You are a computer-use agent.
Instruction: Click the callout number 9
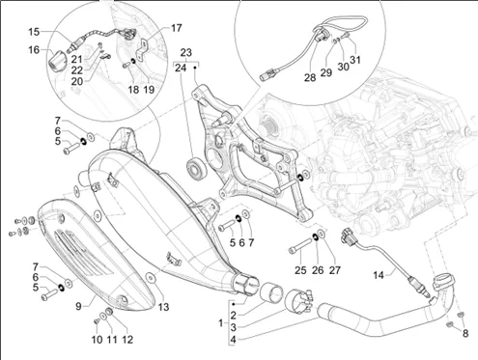click(78, 306)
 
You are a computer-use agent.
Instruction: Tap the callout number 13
click(164, 307)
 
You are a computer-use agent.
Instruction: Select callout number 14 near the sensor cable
click(379, 275)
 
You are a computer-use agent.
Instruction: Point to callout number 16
click(34, 50)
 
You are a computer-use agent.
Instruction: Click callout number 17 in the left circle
click(176, 28)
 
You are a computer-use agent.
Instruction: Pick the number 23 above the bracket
click(186, 52)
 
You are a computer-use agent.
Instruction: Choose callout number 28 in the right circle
click(310, 77)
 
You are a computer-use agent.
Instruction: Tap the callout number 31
click(355, 60)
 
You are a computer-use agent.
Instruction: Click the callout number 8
click(465, 333)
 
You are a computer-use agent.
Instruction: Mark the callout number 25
click(300, 270)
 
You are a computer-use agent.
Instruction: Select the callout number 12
click(127, 340)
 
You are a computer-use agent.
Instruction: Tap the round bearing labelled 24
click(195, 168)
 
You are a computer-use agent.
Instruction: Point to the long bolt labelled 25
click(300, 246)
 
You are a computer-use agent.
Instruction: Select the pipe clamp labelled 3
click(298, 301)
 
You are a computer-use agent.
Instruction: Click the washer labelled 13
click(151, 278)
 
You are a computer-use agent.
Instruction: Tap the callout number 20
click(77, 81)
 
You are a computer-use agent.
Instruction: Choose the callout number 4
click(233, 340)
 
